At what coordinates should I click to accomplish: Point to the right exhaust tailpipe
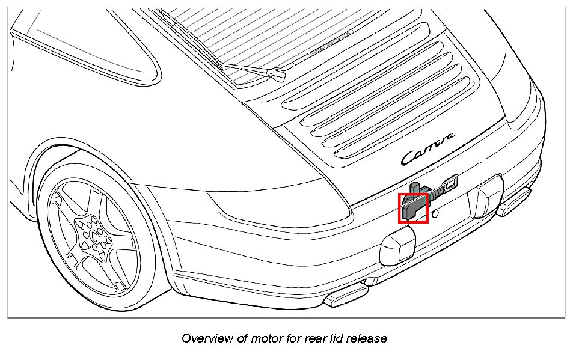pos(515,203)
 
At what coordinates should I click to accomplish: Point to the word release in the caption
pos(366,338)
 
